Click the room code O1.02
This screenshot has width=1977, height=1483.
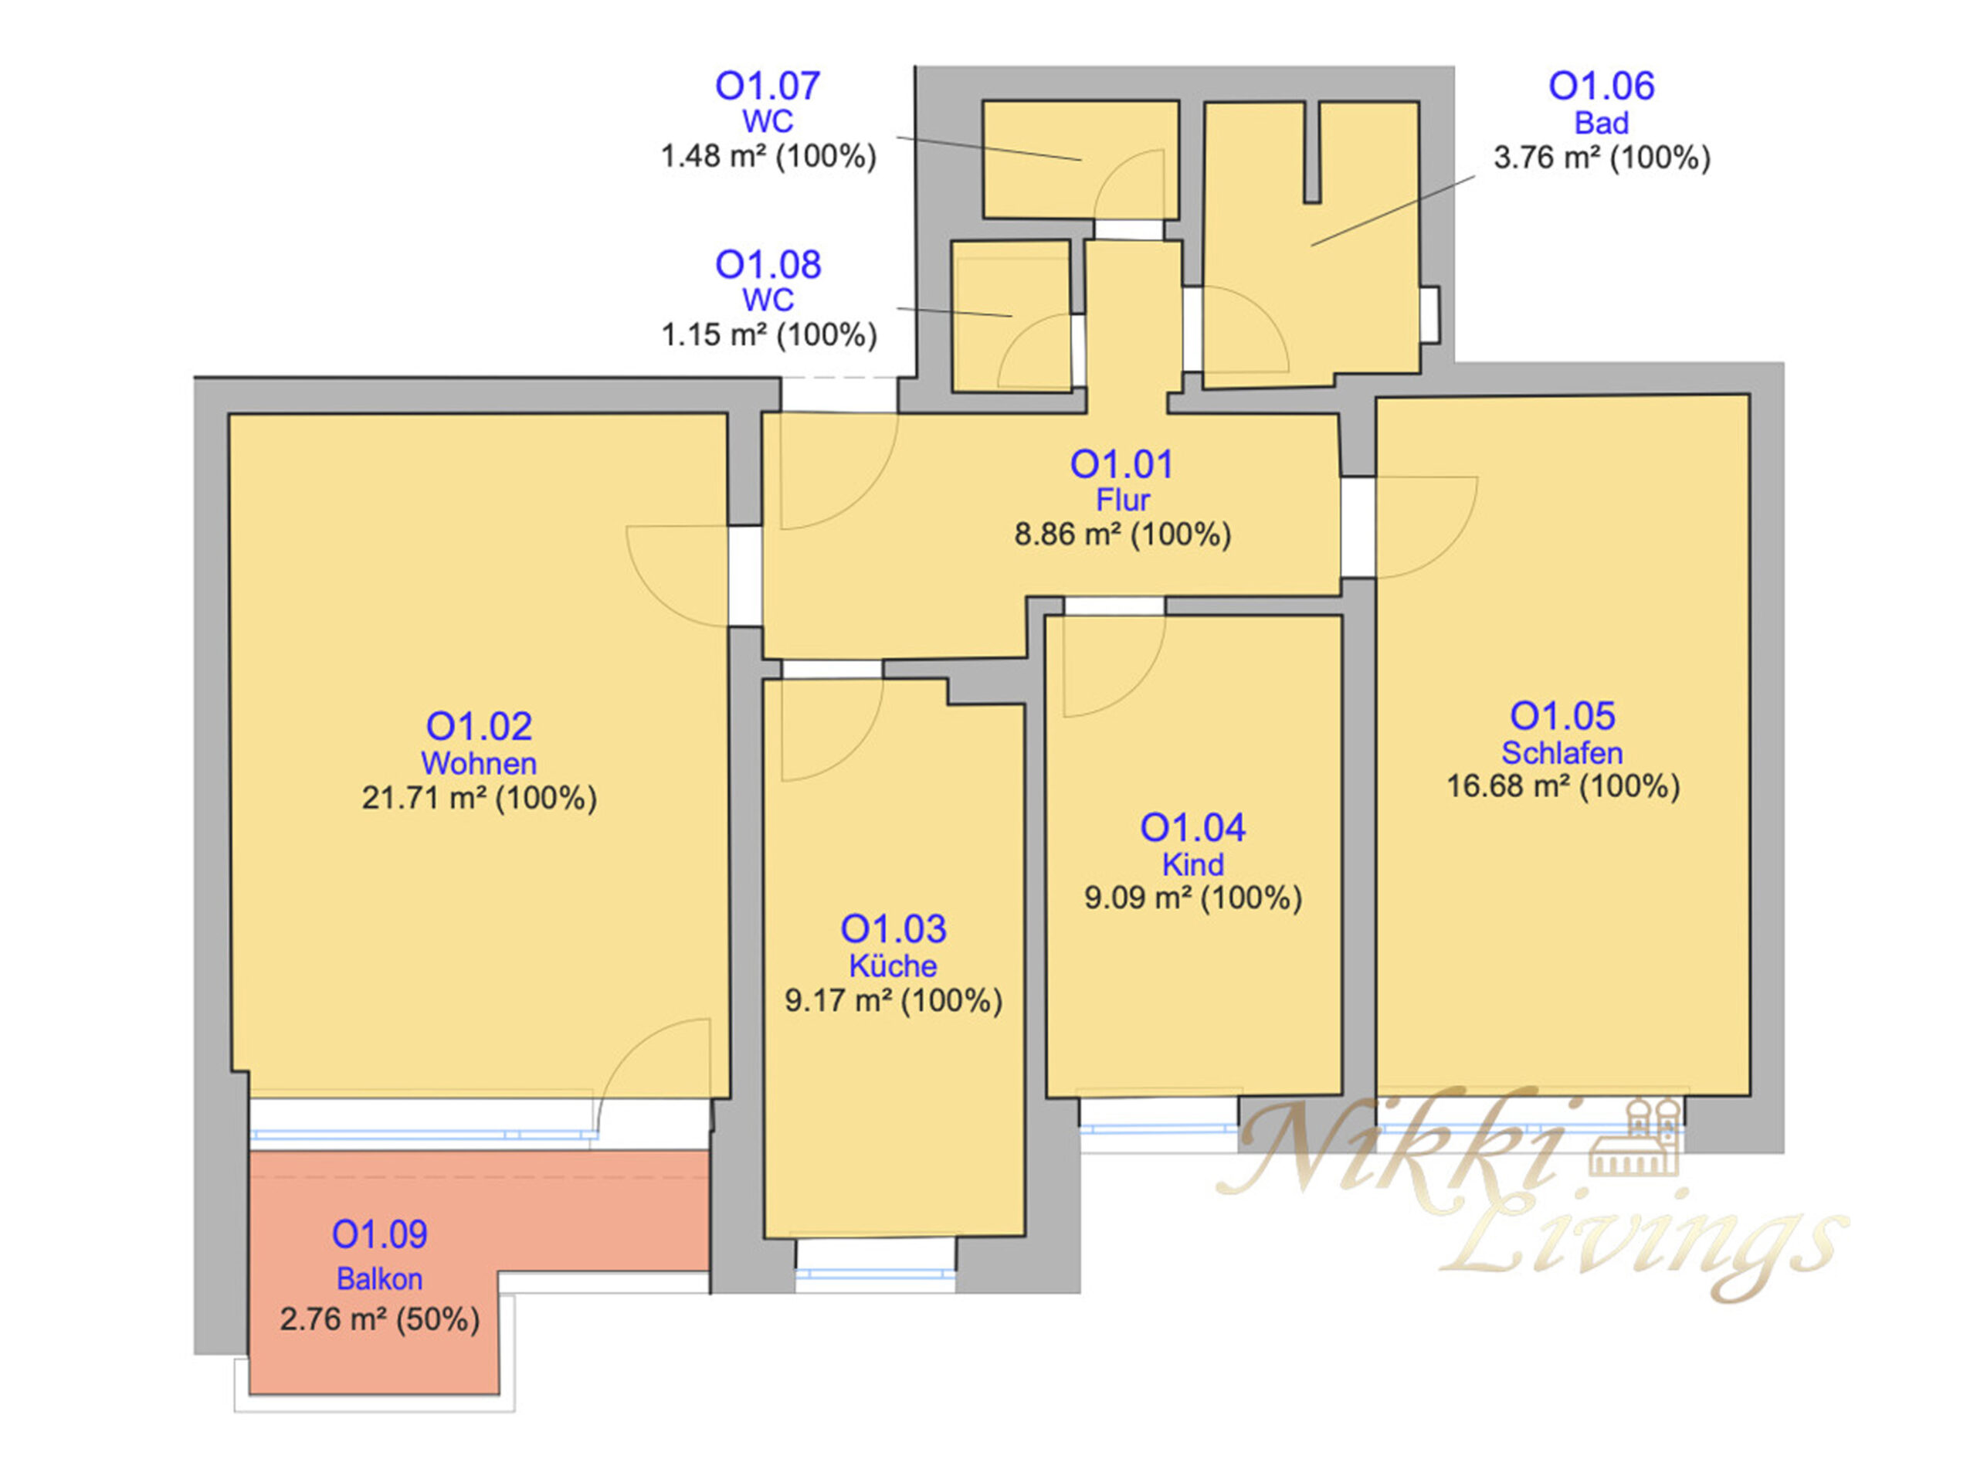(479, 726)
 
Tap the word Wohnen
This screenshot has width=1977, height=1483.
(479, 763)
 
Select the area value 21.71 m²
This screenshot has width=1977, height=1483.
(425, 797)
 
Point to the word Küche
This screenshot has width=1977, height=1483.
(893, 966)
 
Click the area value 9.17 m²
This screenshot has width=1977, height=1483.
(839, 1000)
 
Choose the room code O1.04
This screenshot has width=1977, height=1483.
(1192, 828)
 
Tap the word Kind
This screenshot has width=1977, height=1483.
(1192, 864)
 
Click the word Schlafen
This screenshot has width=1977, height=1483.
(1562, 752)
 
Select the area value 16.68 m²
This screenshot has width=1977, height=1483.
(1509, 786)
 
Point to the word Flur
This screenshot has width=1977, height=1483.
(1123, 500)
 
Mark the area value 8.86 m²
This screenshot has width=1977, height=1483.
(1068, 534)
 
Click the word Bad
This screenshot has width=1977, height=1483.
(1602, 123)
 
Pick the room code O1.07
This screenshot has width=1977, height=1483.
(768, 86)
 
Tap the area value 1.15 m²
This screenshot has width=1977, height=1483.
(714, 335)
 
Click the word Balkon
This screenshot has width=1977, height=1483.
(379, 1279)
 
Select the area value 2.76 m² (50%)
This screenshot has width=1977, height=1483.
(380, 1319)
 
